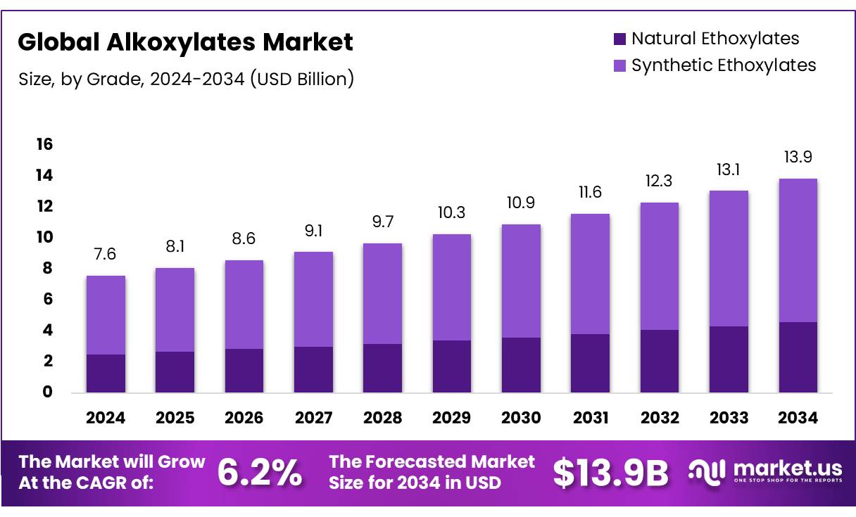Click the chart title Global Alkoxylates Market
[x=185, y=43]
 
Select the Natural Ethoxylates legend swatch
[x=619, y=39]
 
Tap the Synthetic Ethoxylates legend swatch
[x=619, y=66]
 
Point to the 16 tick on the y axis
[x=44, y=144]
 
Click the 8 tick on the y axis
[x=48, y=268]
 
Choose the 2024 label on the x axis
[x=106, y=418]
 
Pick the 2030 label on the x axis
[x=521, y=418]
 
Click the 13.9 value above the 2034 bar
[x=798, y=158]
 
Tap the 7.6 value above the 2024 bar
[x=106, y=254]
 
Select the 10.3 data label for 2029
[x=451, y=212]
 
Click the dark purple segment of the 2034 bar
[x=798, y=357]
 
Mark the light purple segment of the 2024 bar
[x=106, y=315]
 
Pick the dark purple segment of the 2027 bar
[x=313, y=369]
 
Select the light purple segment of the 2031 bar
[x=590, y=274]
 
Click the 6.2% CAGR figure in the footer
[x=259, y=473]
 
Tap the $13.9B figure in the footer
[x=610, y=473]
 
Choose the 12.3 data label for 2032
[x=659, y=181]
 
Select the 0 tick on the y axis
[x=48, y=392]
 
